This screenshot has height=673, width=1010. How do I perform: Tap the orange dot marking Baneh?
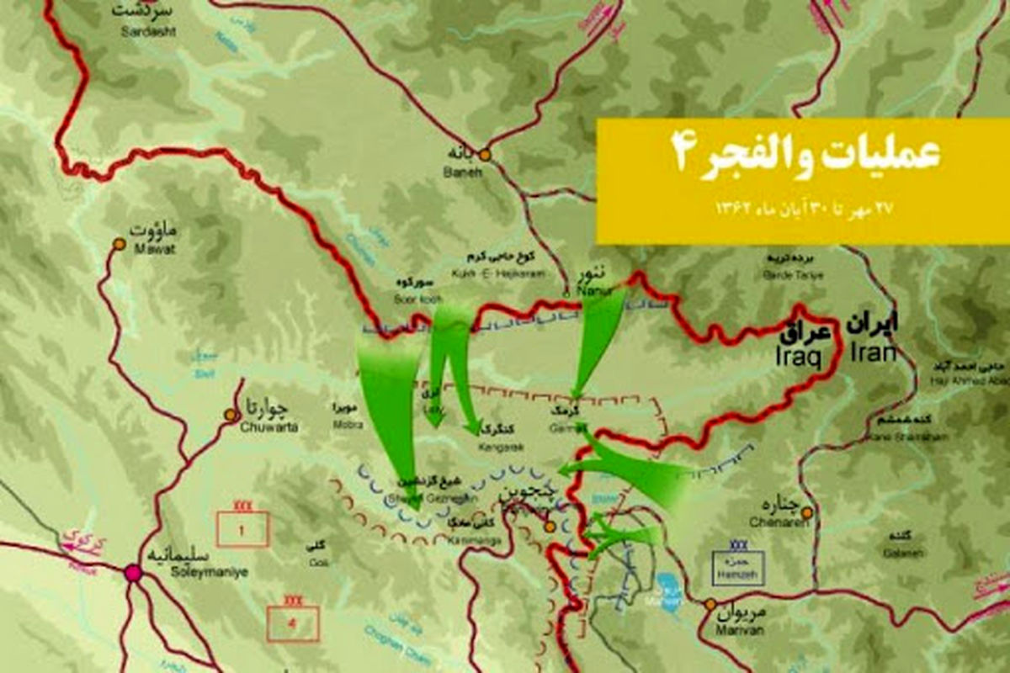pos(485,155)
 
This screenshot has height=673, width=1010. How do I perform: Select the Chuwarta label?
pos(268,417)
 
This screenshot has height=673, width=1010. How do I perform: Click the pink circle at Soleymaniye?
pos(132,574)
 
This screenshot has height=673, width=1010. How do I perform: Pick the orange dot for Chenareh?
pos(807,512)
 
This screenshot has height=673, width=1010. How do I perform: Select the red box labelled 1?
pos(243,529)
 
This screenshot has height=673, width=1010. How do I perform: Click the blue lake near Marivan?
pos(667,586)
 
